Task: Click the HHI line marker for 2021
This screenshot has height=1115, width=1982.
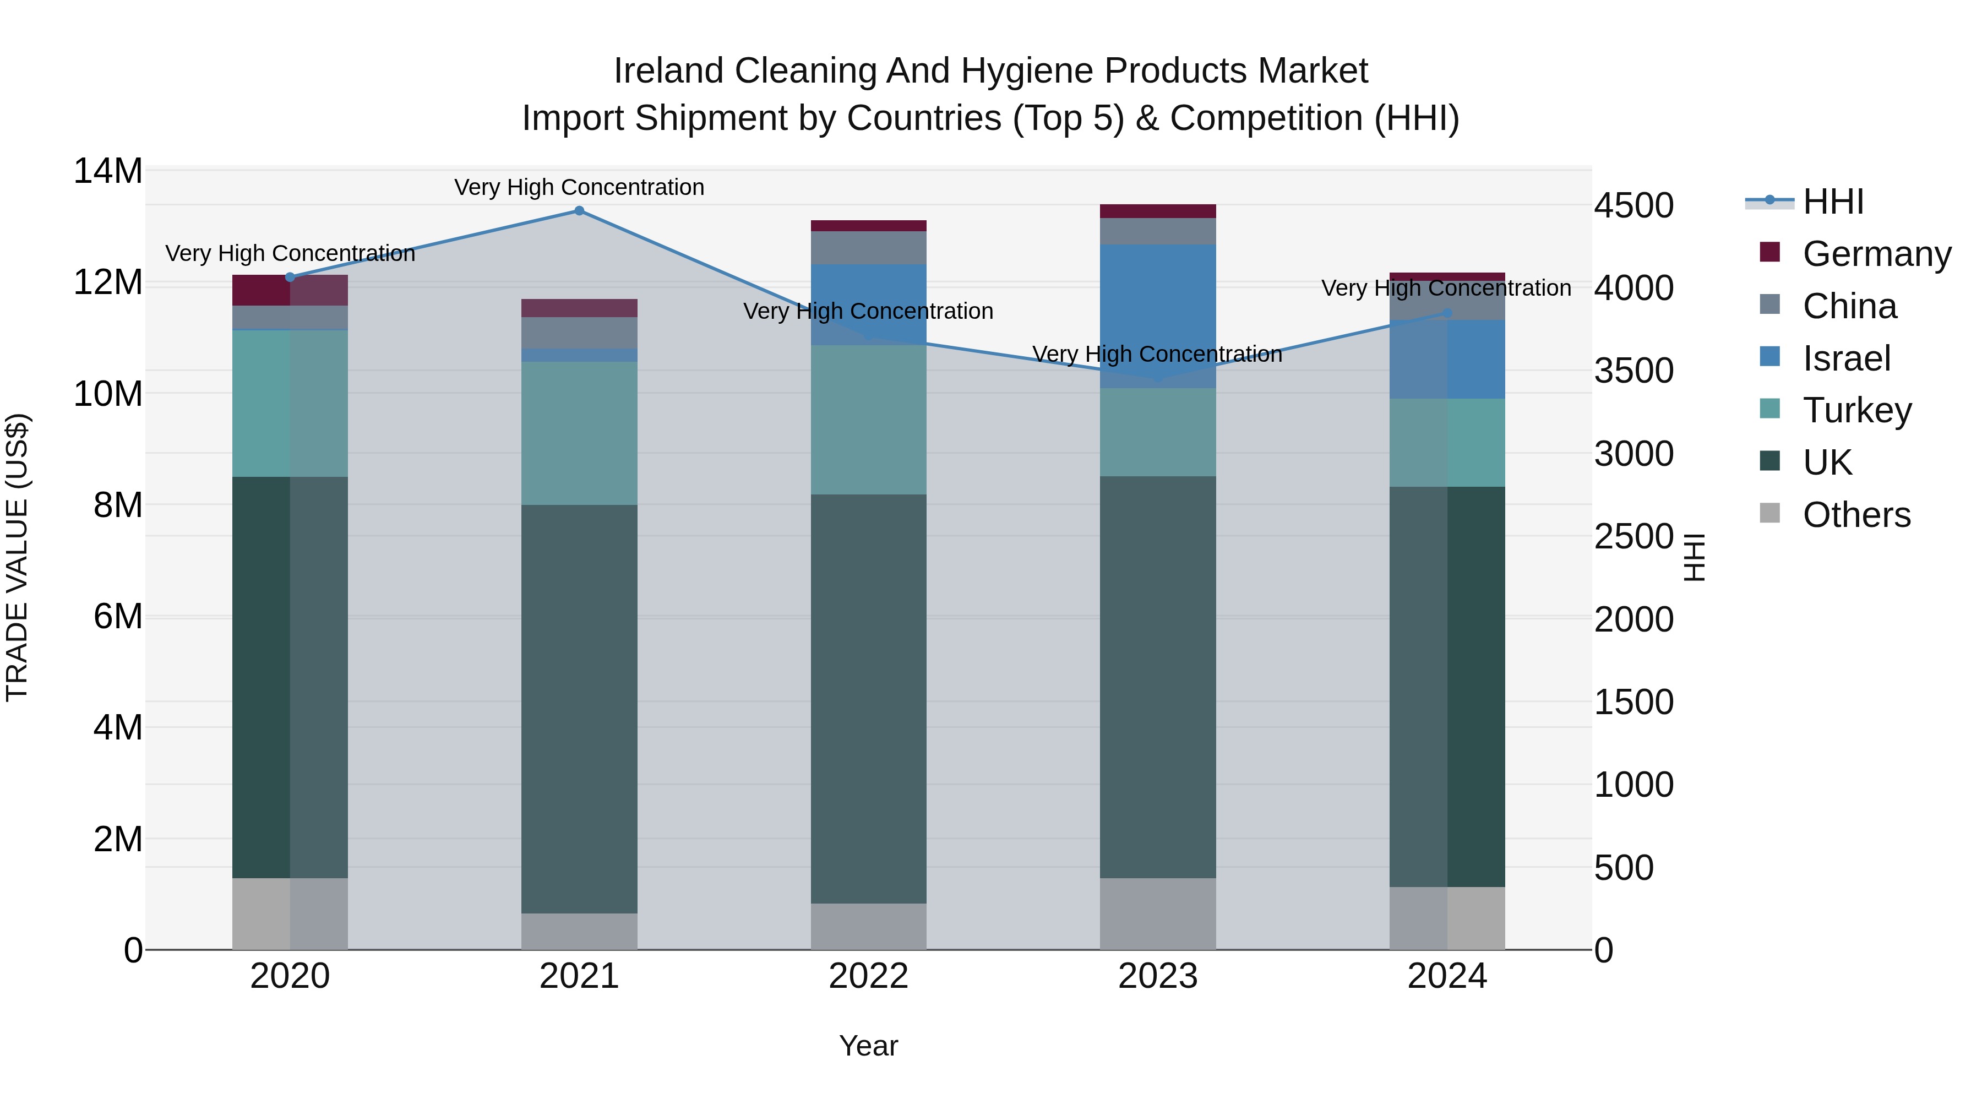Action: coord(579,211)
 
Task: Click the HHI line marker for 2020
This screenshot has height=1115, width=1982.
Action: coord(290,277)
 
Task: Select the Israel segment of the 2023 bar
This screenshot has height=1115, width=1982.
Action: coord(1157,316)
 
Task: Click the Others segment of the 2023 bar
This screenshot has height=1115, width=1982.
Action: coord(1157,913)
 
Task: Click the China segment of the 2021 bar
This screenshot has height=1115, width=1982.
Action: coord(579,333)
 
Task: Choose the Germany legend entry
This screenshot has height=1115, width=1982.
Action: coord(1876,254)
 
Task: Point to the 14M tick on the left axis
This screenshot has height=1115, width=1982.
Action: coord(108,171)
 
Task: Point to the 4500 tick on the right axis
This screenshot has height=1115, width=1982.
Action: coord(1633,205)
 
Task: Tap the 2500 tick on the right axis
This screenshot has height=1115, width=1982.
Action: coord(1633,536)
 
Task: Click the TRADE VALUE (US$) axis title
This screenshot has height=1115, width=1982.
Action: coord(17,557)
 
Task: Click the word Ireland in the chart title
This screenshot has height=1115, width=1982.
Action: coord(668,71)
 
